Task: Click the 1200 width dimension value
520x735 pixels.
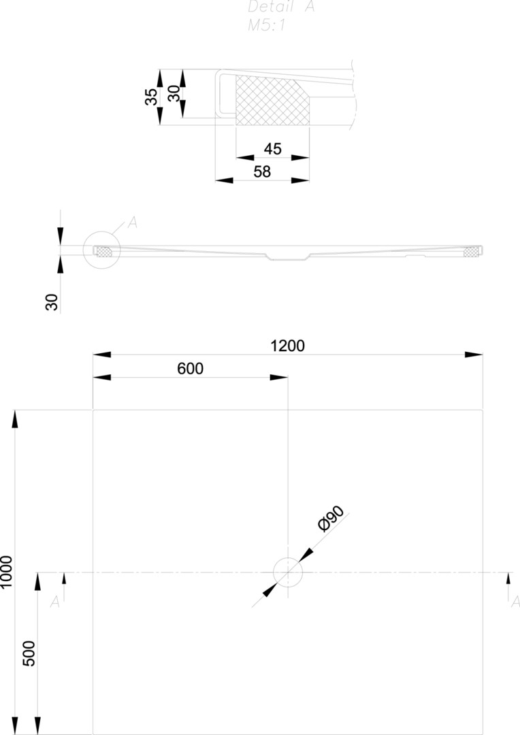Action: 287,346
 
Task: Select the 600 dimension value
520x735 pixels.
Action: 190,368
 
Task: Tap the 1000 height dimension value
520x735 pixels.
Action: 7,572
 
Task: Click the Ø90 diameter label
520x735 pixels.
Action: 331,520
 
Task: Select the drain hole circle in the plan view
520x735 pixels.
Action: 288,572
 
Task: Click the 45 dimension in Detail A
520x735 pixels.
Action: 272,149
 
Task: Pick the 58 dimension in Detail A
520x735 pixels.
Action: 262,172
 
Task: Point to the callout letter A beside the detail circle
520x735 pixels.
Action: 132,222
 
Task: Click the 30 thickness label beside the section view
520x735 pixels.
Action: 52,302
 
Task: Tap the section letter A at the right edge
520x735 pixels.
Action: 515,601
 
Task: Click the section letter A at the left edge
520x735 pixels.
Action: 55,601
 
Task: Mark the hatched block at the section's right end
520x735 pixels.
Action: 471,252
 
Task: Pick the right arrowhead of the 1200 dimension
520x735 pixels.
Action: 474,355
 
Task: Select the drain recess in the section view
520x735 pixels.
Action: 288,256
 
